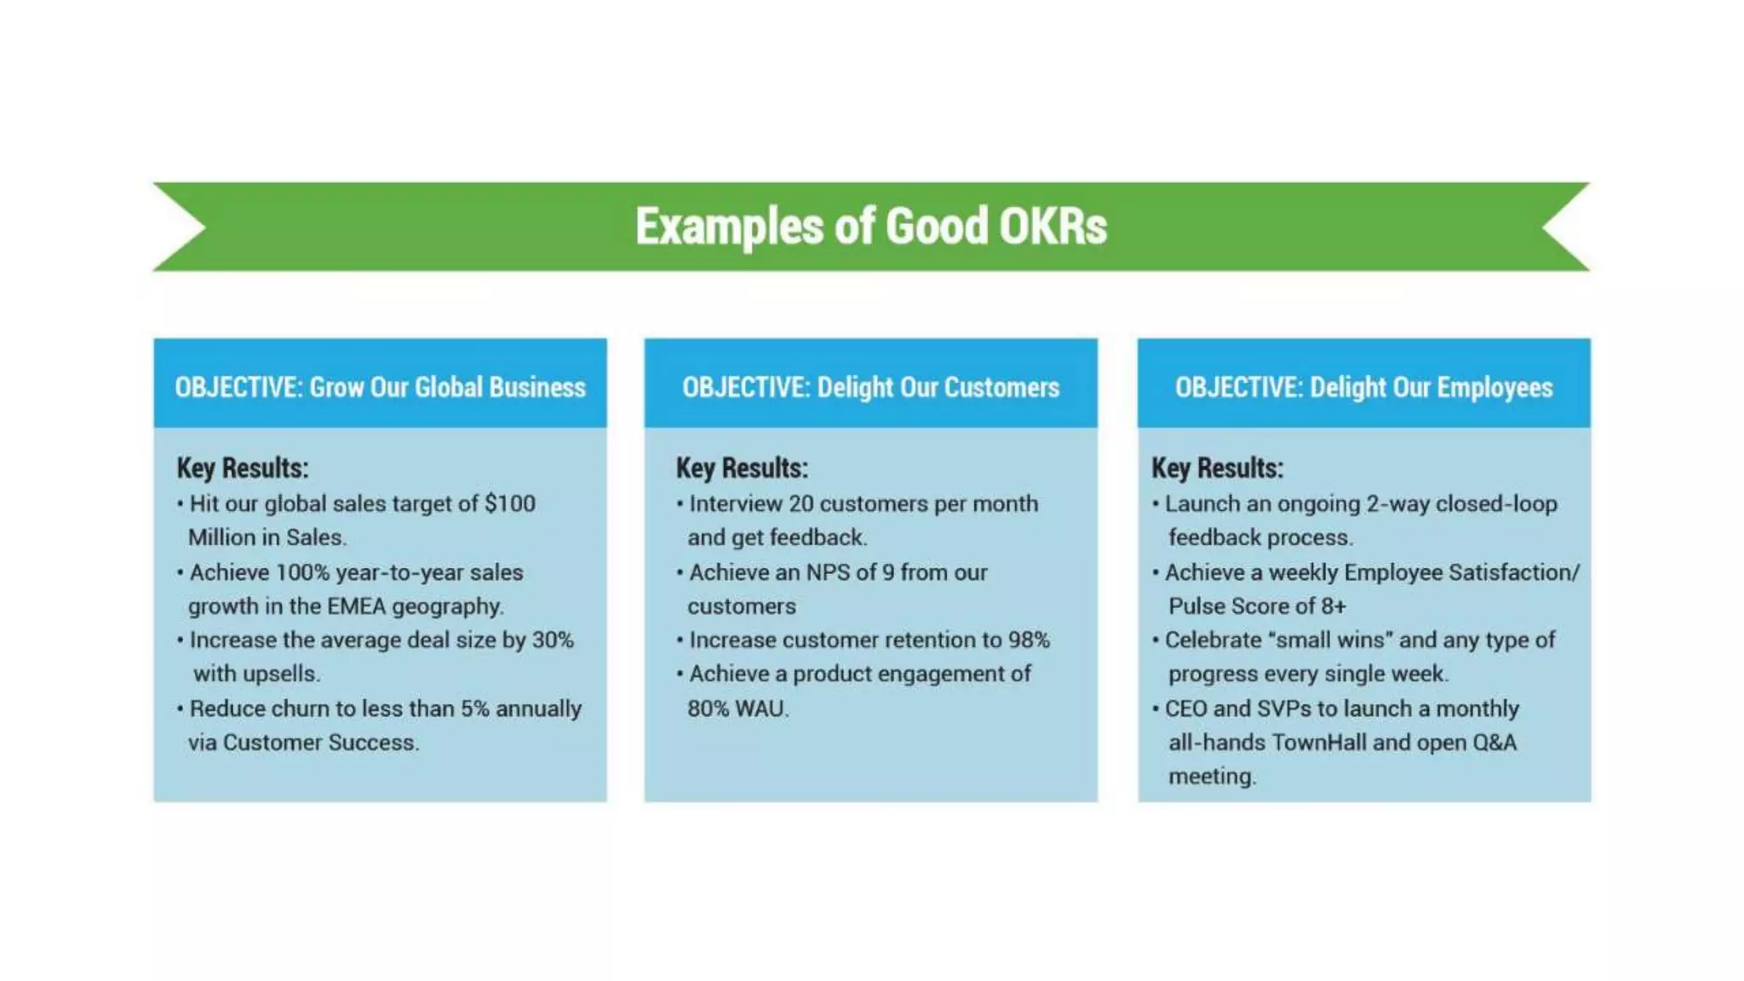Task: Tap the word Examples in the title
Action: click(729, 227)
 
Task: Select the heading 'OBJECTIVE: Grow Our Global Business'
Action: click(380, 387)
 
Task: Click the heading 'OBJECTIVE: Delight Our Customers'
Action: click(870, 387)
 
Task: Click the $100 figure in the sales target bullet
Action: click(509, 503)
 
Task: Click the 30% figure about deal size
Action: click(553, 640)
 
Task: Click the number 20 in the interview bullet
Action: click(800, 503)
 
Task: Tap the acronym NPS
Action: click(828, 572)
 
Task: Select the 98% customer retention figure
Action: click(1029, 640)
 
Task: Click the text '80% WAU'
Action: click(737, 708)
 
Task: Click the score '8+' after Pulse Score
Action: click(1333, 606)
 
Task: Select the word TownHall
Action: click(1319, 743)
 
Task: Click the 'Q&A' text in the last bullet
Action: click(1494, 743)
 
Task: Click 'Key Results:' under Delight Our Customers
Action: click(742, 468)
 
